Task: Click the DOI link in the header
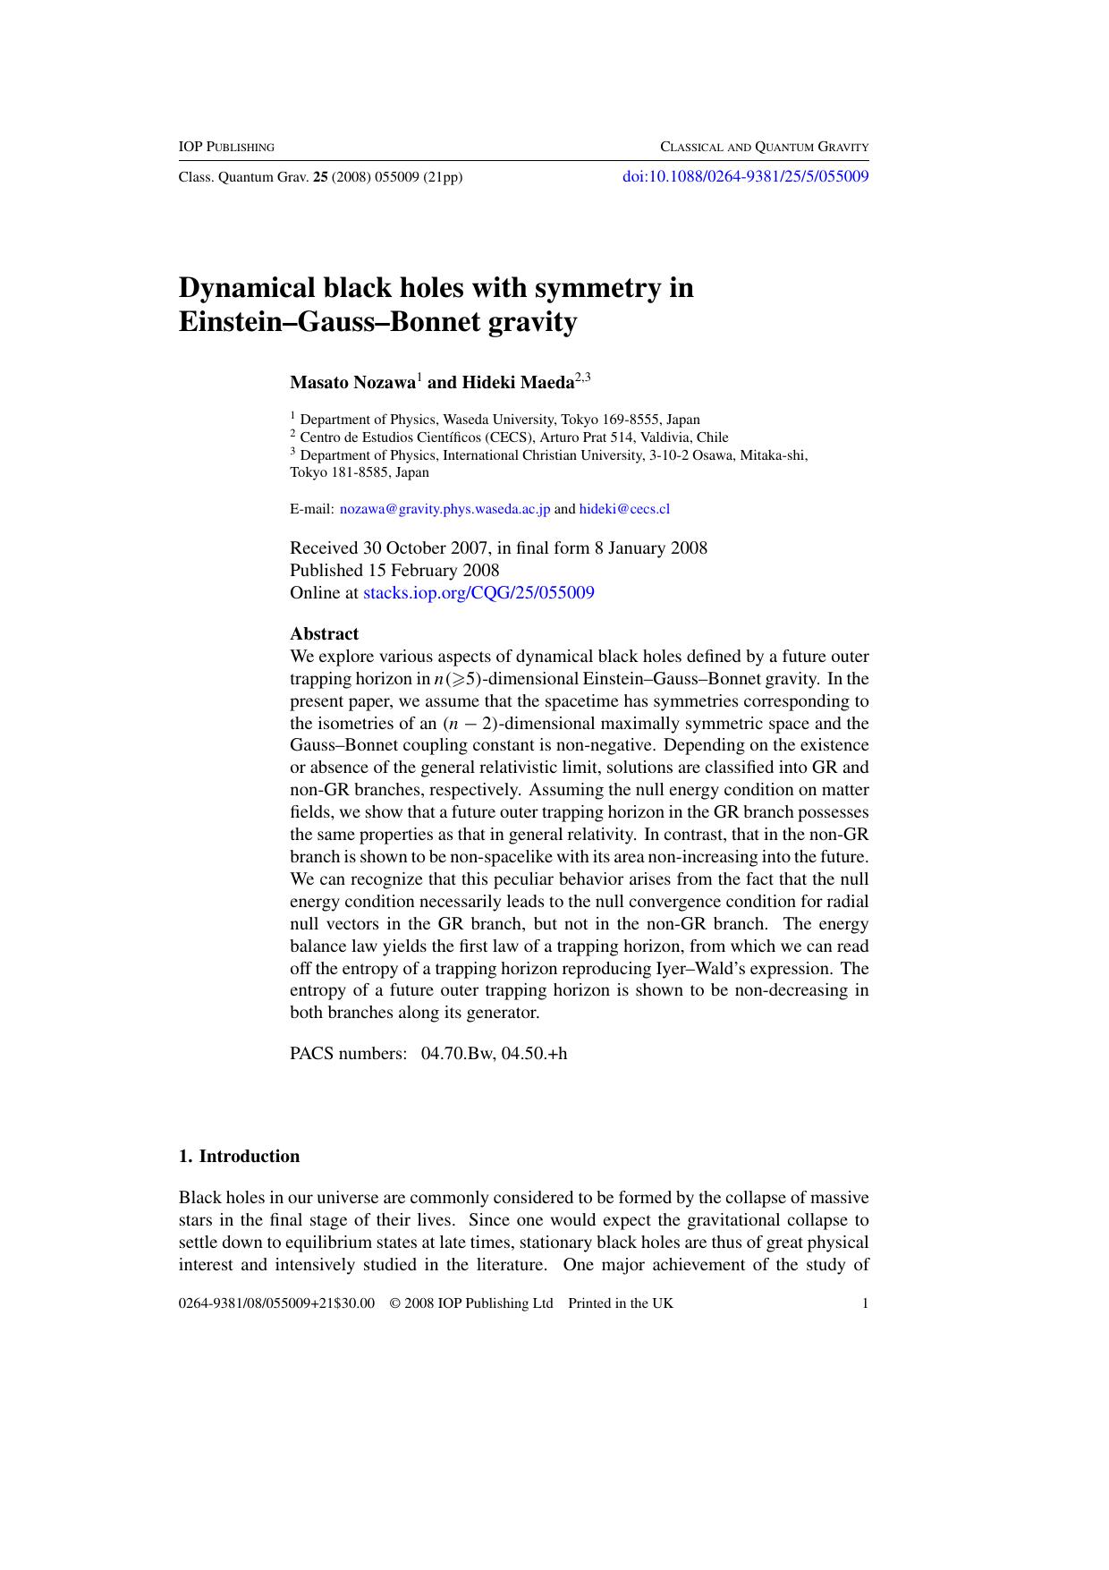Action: [x=745, y=176]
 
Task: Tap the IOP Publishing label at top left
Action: [x=226, y=147]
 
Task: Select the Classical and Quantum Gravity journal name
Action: [x=764, y=147]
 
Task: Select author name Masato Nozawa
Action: [x=352, y=383]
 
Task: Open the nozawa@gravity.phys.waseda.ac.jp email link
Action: [x=444, y=509]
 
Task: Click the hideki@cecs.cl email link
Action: [x=624, y=509]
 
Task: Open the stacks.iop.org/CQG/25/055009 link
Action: [x=478, y=592]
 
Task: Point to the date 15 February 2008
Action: [x=433, y=570]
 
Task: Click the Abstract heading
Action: [x=324, y=634]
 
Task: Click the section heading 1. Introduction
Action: [x=239, y=1156]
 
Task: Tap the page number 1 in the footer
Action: [x=865, y=1303]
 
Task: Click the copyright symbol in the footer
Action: [x=394, y=1303]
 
